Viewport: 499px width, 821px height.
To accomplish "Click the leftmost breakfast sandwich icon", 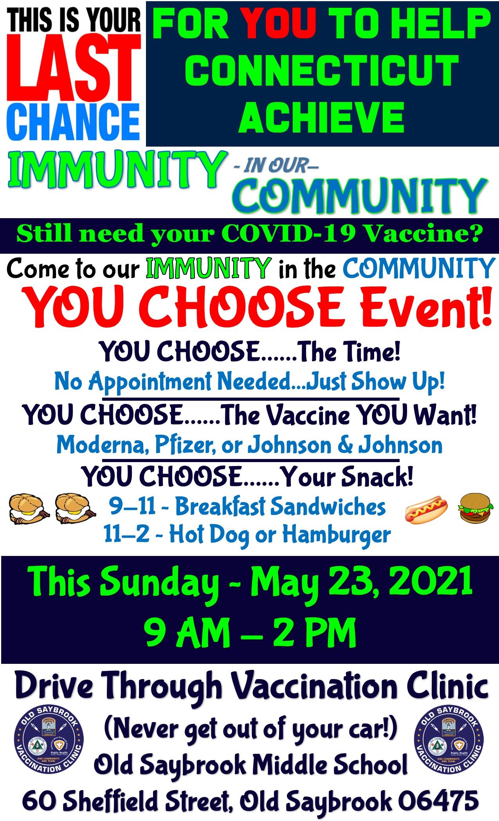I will pyautogui.click(x=29, y=509).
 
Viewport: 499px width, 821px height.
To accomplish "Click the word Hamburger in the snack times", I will pyautogui.click(x=336, y=534).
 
